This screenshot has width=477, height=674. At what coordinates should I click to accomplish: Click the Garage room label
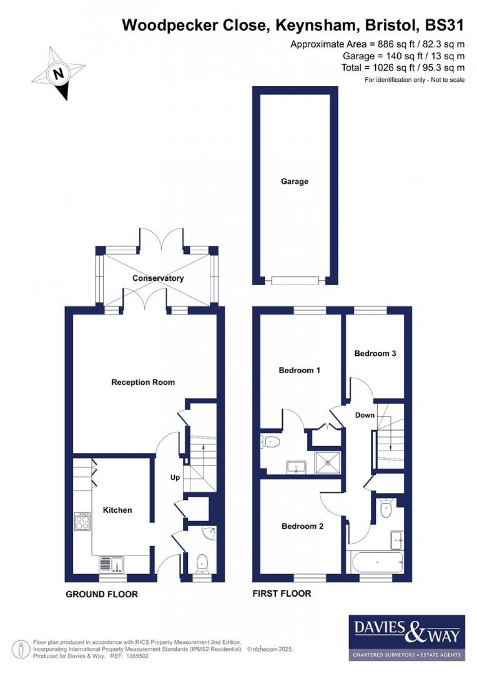(294, 182)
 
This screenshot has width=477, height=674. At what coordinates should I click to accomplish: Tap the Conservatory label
(158, 278)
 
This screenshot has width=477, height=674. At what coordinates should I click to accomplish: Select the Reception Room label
(143, 383)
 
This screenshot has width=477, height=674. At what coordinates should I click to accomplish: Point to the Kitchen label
(117, 510)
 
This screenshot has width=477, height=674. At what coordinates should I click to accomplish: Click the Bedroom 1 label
(299, 370)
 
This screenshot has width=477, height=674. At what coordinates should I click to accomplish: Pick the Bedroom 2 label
(302, 526)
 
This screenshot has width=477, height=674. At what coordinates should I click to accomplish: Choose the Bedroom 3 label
(375, 353)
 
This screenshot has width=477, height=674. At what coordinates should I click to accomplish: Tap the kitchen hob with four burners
(82, 522)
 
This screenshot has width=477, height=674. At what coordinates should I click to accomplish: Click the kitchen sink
(111, 564)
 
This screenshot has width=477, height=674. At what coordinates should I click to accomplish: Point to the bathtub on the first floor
(375, 562)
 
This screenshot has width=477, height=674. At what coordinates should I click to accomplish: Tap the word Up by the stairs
(175, 477)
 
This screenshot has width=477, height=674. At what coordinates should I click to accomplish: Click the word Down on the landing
(365, 415)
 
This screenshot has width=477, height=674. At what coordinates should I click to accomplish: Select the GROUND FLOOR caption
(102, 594)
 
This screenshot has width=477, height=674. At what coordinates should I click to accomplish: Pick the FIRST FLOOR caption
(282, 594)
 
